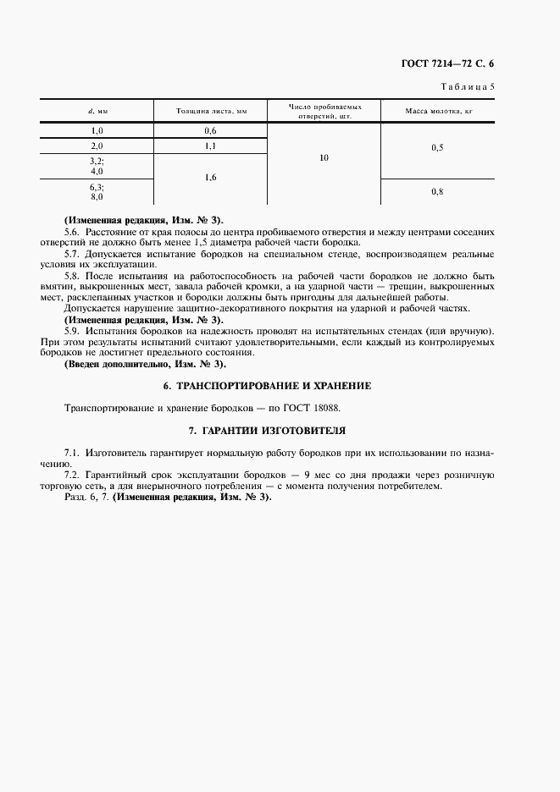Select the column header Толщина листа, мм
[x=210, y=112]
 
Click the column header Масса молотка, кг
[x=437, y=112]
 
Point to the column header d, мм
[x=97, y=112]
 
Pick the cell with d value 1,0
[x=97, y=131]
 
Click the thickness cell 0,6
[x=210, y=131]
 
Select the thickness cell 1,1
[x=210, y=146]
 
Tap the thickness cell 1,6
[x=210, y=178]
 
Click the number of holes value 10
[x=324, y=158]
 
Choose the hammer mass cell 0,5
[x=437, y=148]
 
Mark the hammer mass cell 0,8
[x=437, y=192]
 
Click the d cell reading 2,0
[x=97, y=146]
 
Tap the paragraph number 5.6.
[x=74, y=231]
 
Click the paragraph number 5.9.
[x=74, y=331]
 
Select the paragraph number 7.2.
[x=74, y=476]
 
